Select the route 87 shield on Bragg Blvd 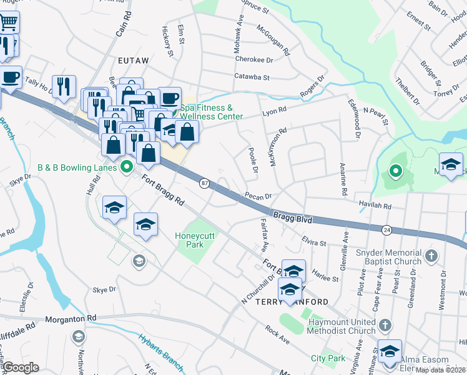pyautogui.click(x=204, y=183)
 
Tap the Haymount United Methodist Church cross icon pyautogui.click(x=385, y=325)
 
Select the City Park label pyautogui.click(x=328, y=358)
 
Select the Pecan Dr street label pyautogui.click(x=258, y=196)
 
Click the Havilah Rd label pyautogui.click(x=375, y=205)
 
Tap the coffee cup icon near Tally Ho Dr pyautogui.click(x=10, y=78)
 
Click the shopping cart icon pyautogui.click(x=8, y=22)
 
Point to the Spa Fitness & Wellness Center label pyautogui.click(x=212, y=112)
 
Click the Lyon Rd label pyautogui.click(x=274, y=110)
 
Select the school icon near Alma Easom pyautogui.click(x=390, y=351)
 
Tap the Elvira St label pyautogui.click(x=314, y=242)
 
